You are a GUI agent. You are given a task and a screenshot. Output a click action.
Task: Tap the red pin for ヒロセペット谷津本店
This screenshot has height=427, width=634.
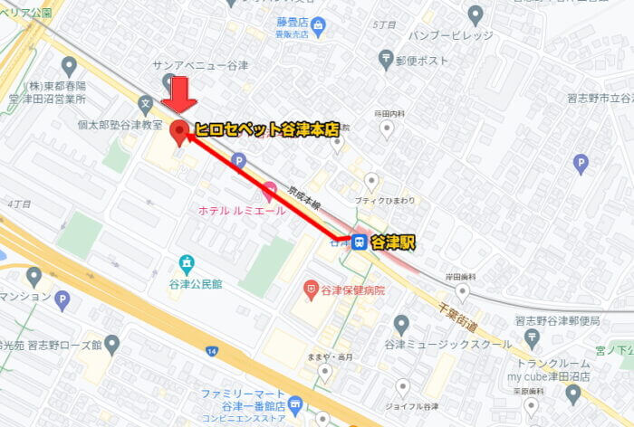(x=179, y=132)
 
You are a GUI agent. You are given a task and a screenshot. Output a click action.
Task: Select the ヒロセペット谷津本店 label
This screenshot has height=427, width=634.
(x=265, y=130)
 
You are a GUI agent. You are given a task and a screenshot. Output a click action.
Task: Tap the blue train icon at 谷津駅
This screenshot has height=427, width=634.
(x=360, y=242)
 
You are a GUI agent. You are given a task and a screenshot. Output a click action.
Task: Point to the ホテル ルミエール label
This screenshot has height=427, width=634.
(x=242, y=210)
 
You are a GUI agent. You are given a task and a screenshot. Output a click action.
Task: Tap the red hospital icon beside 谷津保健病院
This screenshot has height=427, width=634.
(x=311, y=289)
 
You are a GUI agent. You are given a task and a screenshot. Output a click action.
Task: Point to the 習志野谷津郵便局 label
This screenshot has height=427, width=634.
(x=557, y=320)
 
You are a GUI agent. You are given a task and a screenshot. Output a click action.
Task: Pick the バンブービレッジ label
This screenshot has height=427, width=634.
(x=450, y=35)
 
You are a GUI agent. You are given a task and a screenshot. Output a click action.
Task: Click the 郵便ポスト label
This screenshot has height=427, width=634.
(x=421, y=61)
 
